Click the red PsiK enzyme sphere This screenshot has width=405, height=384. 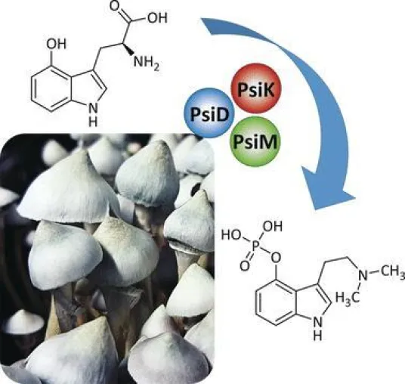[255, 89]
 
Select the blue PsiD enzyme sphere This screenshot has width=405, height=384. [209, 113]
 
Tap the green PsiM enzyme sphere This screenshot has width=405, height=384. [255, 141]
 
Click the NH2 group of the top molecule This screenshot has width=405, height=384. [146, 63]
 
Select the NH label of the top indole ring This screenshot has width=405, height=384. [93, 115]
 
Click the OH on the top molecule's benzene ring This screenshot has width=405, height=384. [57, 44]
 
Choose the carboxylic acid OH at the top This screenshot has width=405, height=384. [158, 17]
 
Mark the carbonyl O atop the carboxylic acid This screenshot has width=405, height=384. [116, 6]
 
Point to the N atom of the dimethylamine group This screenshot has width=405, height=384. [363, 274]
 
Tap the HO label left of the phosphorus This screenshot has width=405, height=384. [231, 235]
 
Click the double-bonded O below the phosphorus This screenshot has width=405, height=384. [245, 266]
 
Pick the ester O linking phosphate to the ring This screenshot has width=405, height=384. [276, 257]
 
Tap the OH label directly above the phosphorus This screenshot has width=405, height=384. [273, 227]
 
